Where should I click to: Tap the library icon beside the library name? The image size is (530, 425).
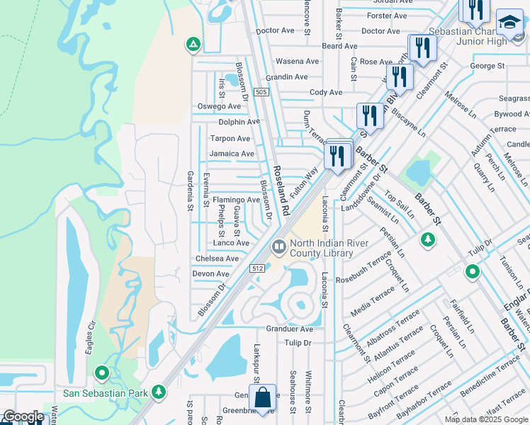coord(278,247)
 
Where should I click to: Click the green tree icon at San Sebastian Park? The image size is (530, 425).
coord(159,390)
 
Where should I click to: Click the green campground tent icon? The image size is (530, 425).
coord(192,45)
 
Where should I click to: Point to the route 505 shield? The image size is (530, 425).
coord(261,92)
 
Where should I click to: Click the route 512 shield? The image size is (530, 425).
coord(257,268)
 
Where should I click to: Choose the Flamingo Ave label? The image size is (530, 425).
coord(237,200)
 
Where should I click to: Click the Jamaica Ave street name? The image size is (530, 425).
coord(231,154)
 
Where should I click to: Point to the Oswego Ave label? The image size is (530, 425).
coord(219,106)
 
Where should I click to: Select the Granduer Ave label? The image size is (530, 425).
coord(289,329)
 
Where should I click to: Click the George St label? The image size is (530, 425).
coord(487,66)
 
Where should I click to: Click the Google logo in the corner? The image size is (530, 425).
coord(23,416)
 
